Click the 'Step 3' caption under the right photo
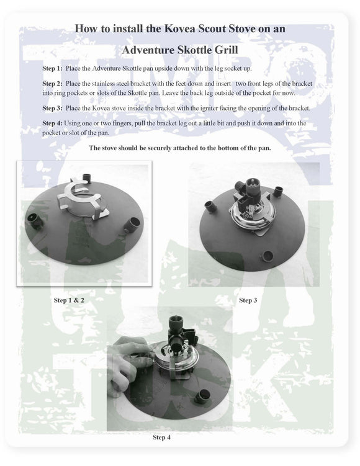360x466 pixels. [248, 300]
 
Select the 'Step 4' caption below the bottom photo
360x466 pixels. [161, 437]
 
